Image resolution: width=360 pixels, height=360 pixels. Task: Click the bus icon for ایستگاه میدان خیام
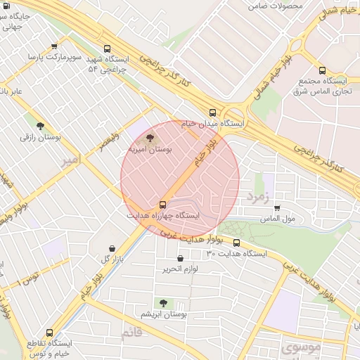[x=213, y=112]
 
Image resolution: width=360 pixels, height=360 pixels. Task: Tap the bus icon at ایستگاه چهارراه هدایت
[x=164, y=205]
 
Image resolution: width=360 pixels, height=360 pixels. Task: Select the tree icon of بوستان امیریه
[x=150, y=138]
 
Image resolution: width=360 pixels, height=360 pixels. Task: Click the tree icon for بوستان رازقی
[x=40, y=126]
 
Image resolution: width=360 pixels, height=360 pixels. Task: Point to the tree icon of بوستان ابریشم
[x=163, y=303]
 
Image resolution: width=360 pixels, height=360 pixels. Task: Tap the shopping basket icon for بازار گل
[x=112, y=248]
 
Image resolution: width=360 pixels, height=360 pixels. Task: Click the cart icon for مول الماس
[x=277, y=208]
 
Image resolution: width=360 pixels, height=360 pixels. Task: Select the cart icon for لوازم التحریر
[x=181, y=258]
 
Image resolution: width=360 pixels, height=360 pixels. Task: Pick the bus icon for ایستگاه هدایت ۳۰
[x=236, y=243]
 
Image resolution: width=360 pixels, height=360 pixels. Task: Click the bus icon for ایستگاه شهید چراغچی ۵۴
[x=107, y=49]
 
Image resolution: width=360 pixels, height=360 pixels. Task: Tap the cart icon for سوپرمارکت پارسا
[x=55, y=46]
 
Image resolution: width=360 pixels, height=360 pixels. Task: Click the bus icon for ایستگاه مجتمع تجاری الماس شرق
[x=322, y=70]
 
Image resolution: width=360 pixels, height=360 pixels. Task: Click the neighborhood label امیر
[x=72, y=160]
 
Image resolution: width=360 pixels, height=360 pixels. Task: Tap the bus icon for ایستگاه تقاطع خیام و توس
[x=49, y=333]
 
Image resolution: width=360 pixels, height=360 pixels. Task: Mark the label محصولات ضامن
[x=275, y=6]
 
